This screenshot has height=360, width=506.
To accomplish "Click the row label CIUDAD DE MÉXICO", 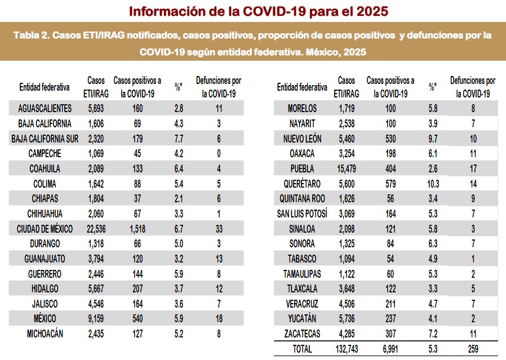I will click(45, 229).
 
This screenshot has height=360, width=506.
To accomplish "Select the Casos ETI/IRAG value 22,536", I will click(96, 229).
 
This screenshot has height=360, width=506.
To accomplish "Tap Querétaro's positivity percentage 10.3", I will click(433, 184).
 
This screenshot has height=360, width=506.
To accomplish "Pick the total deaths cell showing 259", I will click(473, 349).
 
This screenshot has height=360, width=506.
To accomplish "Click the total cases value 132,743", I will click(345, 349).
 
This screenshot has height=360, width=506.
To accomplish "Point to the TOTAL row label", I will click(301, 349).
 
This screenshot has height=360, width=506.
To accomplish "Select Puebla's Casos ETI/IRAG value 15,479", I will click(347, 168).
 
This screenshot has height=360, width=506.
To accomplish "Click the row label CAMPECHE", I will click(45, 153).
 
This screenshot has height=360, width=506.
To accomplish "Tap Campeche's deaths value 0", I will click(219, 153).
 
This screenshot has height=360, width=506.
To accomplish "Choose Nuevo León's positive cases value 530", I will click(390, 139).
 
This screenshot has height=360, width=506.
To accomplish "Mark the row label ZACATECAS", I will click(301, 334).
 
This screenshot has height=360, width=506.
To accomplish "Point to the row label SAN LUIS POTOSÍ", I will click(301, 214).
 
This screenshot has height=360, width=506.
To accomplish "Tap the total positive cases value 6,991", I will click(390, 349).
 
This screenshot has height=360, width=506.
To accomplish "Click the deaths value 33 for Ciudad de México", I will click(219, 229).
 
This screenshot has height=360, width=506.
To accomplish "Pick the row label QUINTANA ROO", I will click(301, 199).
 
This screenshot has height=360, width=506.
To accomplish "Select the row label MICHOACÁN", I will click(45, 334).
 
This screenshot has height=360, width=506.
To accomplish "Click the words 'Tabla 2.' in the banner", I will click(30, 35).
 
